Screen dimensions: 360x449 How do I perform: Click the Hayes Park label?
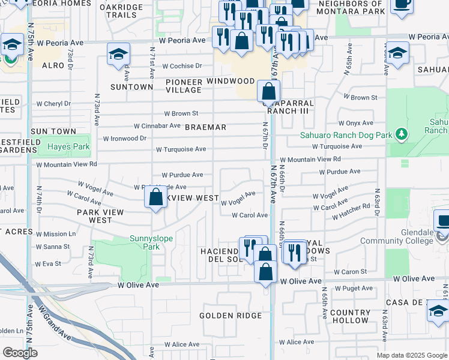tap(68, 146)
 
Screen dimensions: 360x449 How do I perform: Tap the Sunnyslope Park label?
tap(152, 242)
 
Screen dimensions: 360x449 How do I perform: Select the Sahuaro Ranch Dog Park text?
tap(346, 134)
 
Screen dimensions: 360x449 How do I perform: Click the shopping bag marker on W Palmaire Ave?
tap(156, 197)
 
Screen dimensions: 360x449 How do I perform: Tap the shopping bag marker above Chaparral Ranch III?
tap(268, 92)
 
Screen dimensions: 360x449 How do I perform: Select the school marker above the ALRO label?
tap(118, 55)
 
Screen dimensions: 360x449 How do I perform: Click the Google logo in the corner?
tap(20, 353)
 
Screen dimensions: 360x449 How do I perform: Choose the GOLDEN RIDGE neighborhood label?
tap(231, 316)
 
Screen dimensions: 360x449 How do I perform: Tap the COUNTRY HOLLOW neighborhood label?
tap(350, 316)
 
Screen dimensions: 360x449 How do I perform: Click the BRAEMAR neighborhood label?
tap(205, 127)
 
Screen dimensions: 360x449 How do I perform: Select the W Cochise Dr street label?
tap(176, 66)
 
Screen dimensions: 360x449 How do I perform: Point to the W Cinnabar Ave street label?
tap(157, 126)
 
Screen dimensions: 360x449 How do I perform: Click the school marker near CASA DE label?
tap(438, 311)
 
